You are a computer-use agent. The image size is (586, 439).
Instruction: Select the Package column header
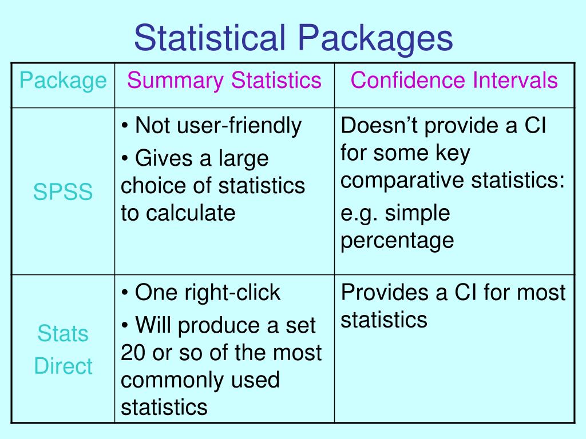tap(63, 81)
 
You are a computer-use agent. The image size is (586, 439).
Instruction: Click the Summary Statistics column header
tap(224, 80)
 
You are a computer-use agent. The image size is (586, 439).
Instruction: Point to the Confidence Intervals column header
tap(454, 80)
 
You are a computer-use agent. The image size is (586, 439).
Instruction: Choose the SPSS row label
tap(63, 192)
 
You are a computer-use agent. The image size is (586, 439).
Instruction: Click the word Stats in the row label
tap(63, 333)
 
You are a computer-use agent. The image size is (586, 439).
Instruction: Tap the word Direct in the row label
tap(63, 366)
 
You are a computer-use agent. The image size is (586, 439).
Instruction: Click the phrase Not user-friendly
tap(217, 126)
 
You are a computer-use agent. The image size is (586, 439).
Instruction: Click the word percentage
tap(397, 240)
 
